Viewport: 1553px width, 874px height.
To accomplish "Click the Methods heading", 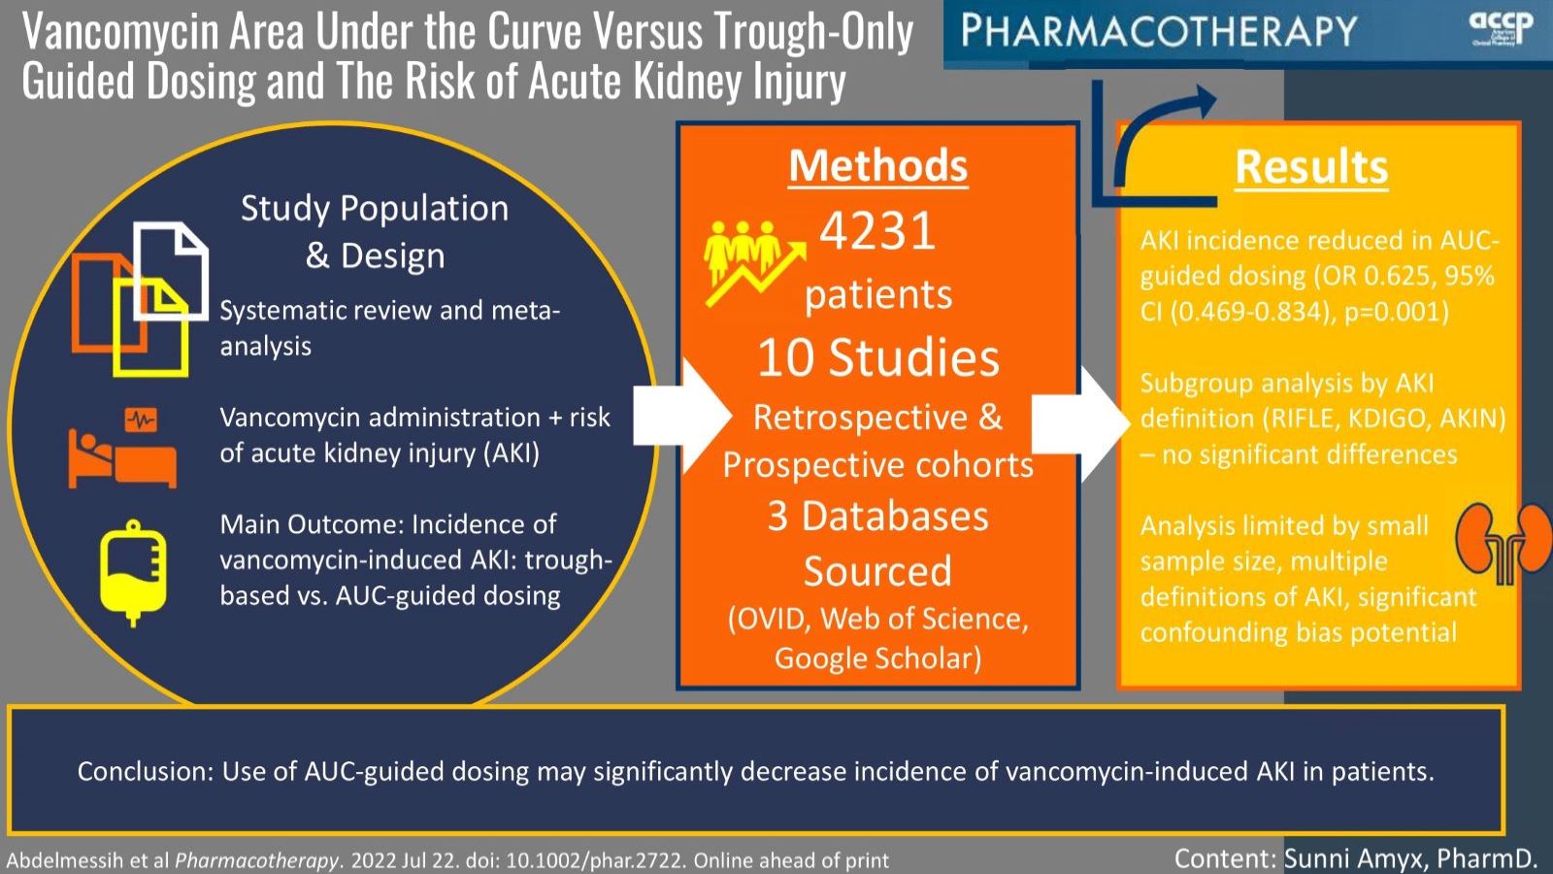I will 877,165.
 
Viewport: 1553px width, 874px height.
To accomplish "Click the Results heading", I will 1311,167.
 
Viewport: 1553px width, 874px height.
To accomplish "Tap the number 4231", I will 877,231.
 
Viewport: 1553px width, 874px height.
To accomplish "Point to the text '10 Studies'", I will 877,357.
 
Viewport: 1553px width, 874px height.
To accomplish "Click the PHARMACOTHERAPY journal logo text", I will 1159,31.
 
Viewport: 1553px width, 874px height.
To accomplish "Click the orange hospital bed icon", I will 122,449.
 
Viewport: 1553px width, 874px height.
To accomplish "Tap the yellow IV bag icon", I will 133,573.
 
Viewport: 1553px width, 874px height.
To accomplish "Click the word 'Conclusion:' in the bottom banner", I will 145,772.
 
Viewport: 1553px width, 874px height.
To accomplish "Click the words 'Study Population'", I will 375,208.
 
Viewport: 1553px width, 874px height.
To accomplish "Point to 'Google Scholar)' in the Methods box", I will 877,658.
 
